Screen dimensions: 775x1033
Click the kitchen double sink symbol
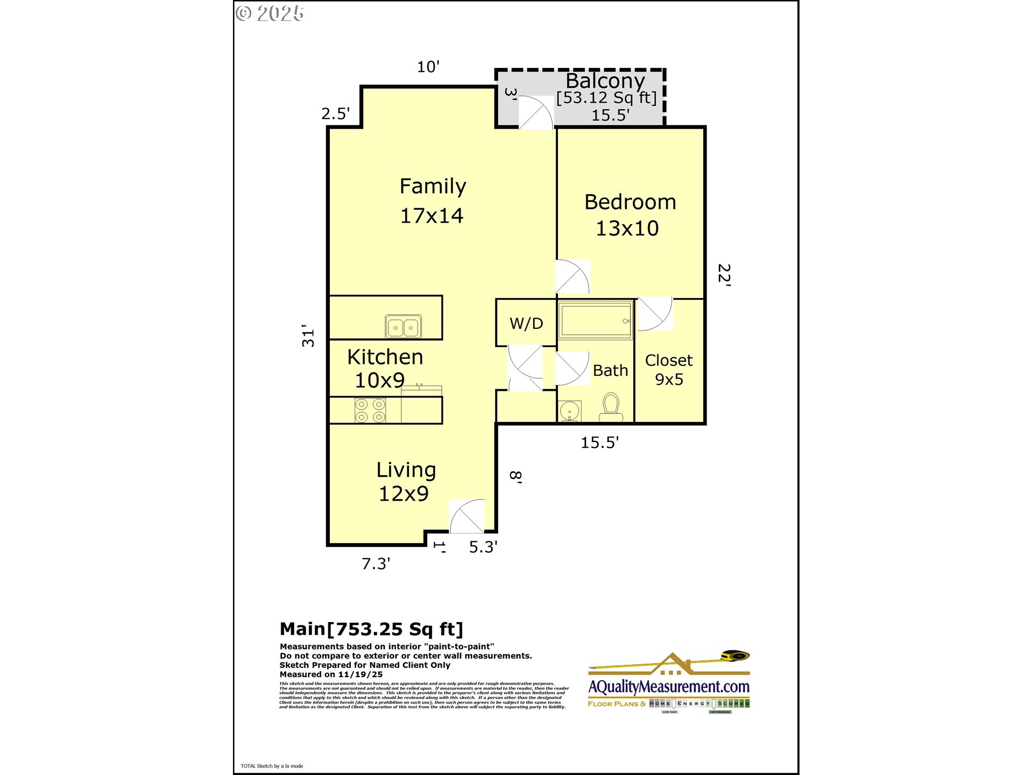click(x=403, y=327)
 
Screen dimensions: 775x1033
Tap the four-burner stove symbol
click(x=370, y=411)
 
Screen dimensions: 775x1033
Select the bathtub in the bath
click(x=596, y=320)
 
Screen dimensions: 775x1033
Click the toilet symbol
click(x=611, y=407)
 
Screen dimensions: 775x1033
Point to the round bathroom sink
click(x=569, y=412)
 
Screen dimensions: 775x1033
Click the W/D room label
click(x=526, y=323)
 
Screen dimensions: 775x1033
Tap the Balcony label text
click(x=605, y=81)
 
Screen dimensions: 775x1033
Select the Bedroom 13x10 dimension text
click(x=627, y=228)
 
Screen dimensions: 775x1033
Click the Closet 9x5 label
click(x=669, y=370)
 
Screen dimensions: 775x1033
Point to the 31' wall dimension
click(x=308, y=336)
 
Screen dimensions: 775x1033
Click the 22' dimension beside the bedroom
click(x=724, y=275)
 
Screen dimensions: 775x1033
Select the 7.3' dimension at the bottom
click(x=376, y=563)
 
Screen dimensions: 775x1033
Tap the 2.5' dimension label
click(x=335, y=114)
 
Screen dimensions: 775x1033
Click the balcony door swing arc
click(x=536, y=112)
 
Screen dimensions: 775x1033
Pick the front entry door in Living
click(x=467, y=516)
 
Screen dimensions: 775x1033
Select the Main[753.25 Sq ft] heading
click(x=371, y=629)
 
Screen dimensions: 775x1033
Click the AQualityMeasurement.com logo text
click(x=669, y=687)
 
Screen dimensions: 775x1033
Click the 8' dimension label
click(x=515, y=477)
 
